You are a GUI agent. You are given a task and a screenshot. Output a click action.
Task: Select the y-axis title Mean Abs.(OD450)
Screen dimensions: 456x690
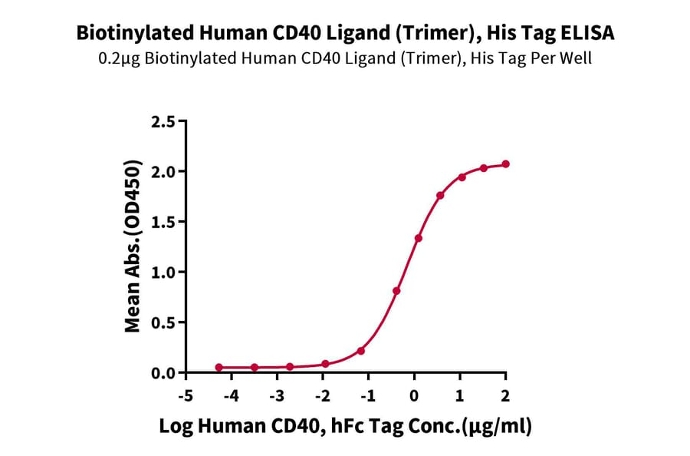coord(133,247)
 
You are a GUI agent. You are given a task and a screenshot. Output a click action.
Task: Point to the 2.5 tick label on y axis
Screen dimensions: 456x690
coord(165,121)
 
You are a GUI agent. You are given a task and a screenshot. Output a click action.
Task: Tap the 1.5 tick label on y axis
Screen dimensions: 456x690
coord(165,222)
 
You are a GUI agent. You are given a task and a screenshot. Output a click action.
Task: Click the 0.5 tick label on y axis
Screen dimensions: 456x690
coord(165,322)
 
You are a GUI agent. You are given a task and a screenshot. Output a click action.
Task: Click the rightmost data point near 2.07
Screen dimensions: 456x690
coord(506,164)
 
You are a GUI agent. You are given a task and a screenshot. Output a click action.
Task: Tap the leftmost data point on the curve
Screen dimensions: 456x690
coord(219,368)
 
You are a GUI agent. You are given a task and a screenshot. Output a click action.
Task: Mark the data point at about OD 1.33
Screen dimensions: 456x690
coord(419,238)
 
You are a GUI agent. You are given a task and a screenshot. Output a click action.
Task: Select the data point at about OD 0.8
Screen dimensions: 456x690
coord(396,291)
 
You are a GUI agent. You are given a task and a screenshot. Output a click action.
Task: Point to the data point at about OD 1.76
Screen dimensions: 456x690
coord(440,196)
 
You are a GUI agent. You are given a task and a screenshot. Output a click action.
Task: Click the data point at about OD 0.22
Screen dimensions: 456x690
coord(361,351)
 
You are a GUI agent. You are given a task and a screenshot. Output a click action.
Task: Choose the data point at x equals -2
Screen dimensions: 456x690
coord(326,364)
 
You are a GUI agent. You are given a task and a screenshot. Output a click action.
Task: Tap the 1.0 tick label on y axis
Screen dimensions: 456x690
coord(165,272)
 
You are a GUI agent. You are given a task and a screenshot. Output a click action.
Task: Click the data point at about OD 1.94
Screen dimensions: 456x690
coord(462,177)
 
